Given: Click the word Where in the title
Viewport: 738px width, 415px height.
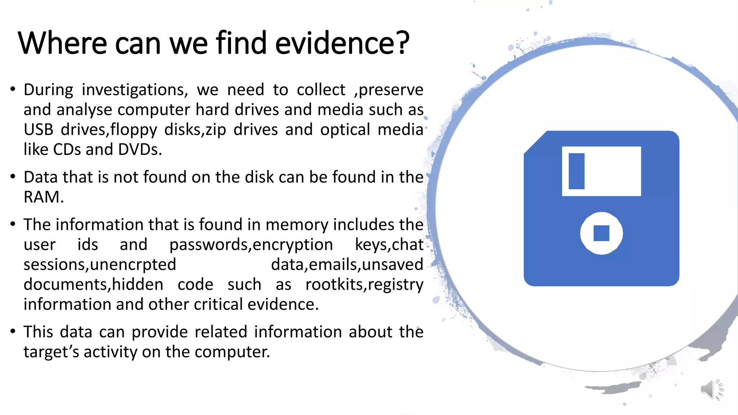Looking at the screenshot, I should point(62,43).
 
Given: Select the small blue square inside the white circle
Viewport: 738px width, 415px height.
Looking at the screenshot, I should point(601,233).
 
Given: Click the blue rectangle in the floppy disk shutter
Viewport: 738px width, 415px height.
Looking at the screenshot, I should point(576,171).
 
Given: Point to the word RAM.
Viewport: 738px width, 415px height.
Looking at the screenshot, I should point(44,197).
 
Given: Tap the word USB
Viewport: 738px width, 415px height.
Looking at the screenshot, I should point(39,130).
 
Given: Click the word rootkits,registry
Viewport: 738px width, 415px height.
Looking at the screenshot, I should point(364,285).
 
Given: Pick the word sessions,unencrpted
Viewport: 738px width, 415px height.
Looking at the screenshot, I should point(100,265).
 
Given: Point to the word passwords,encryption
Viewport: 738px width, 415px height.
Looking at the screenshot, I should point(251,245).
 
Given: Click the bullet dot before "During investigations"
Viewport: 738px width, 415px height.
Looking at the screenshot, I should point(13,89).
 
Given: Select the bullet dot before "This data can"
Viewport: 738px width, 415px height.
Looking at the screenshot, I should point(13,331).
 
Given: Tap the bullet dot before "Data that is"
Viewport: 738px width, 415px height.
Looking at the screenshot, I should point(13,176).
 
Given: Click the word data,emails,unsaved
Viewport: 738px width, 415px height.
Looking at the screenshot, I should point(347,265).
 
